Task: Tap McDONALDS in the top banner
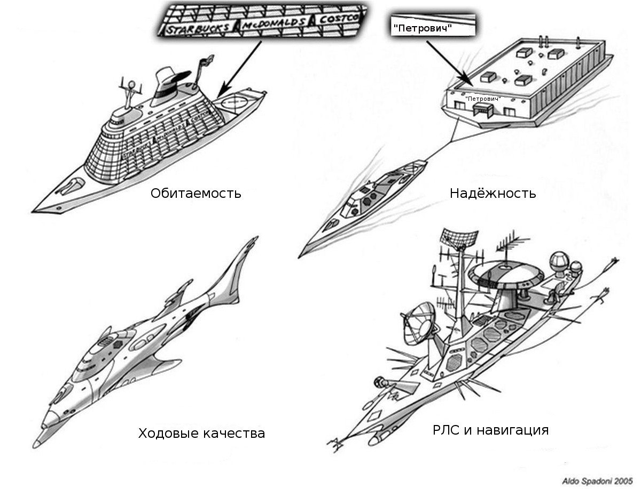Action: coord(275,23)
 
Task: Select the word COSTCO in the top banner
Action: coord(339,18)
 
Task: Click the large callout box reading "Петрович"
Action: coord(433,26)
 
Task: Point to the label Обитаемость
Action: coord(196,193)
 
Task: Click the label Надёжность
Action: coord(493,193)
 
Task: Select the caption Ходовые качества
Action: coord(201,433)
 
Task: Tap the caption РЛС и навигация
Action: coord(490,430)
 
